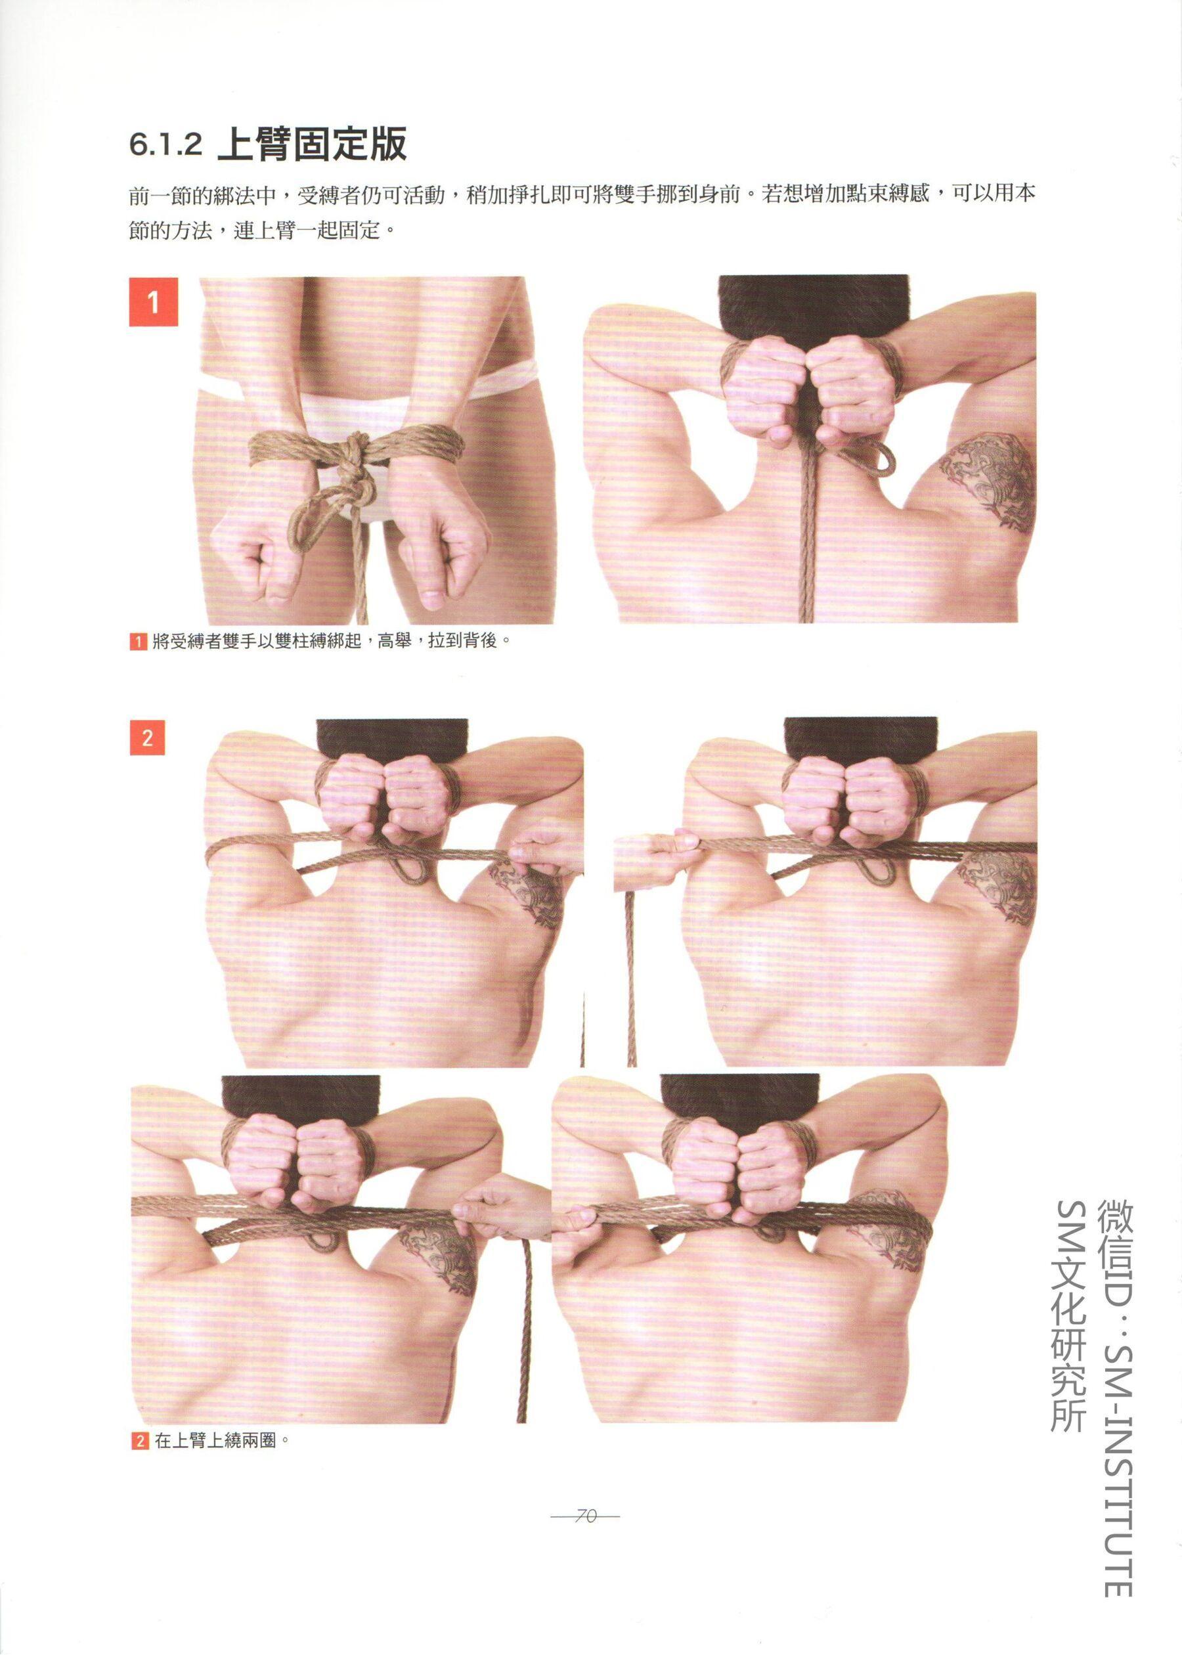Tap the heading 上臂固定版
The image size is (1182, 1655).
click(312, 143)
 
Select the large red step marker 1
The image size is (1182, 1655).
click(154, 301)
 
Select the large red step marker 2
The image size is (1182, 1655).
click(147, 738)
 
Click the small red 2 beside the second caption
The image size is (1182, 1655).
click(140, 1441)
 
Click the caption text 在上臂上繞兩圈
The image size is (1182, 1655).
click(216, 1441)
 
